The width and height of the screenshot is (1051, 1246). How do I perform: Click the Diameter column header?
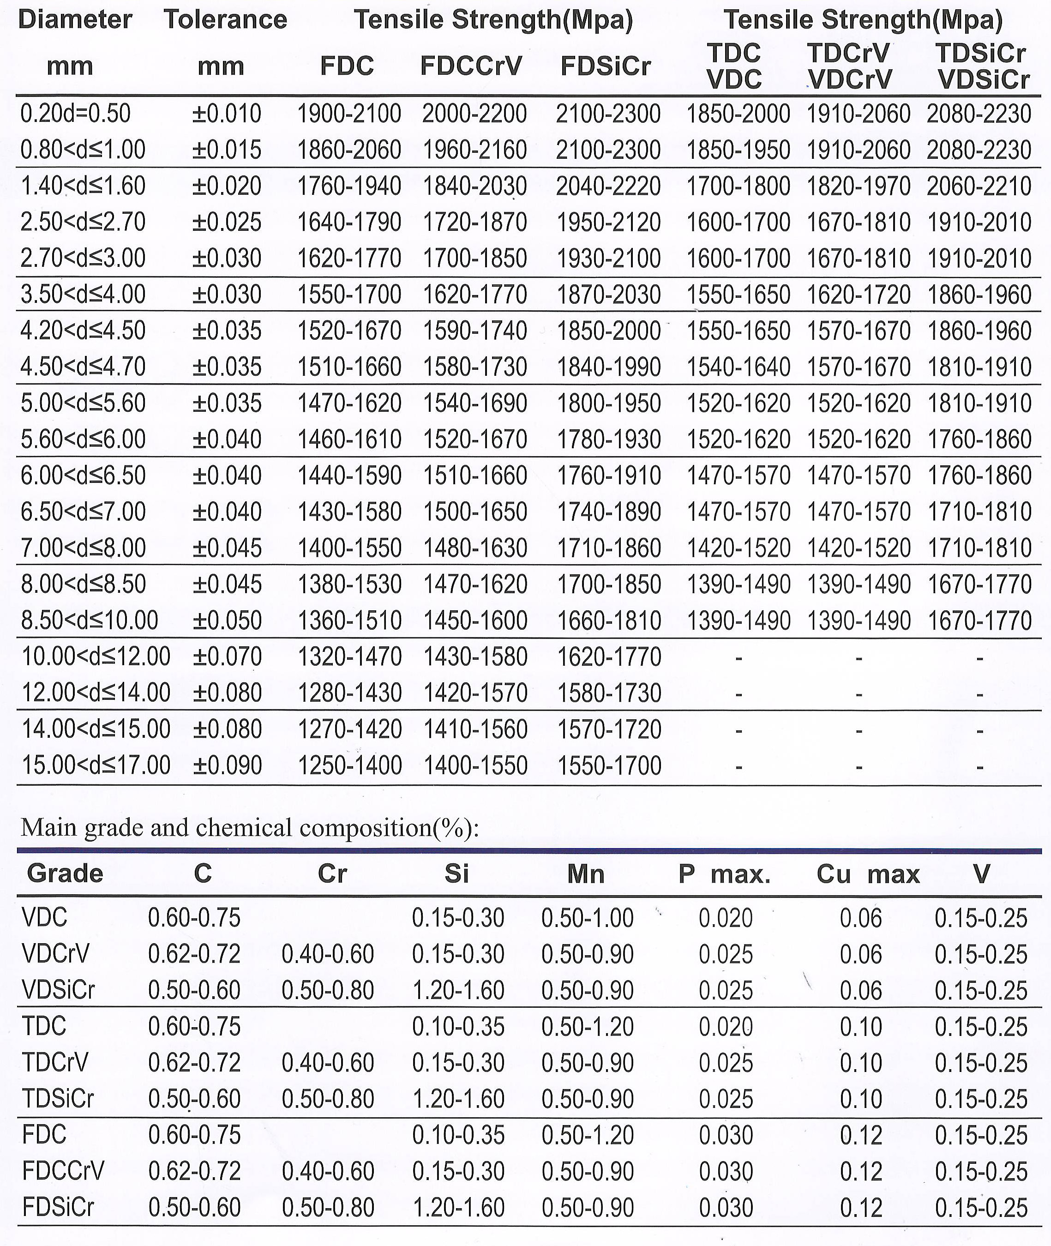(75, 20)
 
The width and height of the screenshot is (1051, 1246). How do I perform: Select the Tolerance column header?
(225, 20)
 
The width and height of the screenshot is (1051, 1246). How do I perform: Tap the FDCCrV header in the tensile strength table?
(471, 66)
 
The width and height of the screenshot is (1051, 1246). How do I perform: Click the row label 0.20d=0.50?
(76, 113)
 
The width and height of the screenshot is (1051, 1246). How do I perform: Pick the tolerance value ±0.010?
(227, 113)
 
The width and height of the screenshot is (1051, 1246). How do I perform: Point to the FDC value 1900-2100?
(349, 113)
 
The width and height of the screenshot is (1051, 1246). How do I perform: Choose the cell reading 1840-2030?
(475, 186)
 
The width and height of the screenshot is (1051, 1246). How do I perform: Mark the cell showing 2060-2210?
(979, 186)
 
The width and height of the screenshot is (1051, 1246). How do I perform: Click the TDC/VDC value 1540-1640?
(738, 367)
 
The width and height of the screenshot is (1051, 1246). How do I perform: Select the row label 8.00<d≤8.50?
(84, 584)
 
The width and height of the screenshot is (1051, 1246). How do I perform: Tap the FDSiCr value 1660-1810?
(609, 620)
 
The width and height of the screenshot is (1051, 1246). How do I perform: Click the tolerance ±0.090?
(227, 765)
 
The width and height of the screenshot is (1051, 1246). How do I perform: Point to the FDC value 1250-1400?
(350, 765)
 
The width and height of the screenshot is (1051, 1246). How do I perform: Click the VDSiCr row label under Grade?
(58, 990)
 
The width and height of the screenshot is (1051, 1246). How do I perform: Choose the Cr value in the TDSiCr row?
(328, 1099)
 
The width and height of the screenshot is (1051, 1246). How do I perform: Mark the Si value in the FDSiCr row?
(458, 1208)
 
